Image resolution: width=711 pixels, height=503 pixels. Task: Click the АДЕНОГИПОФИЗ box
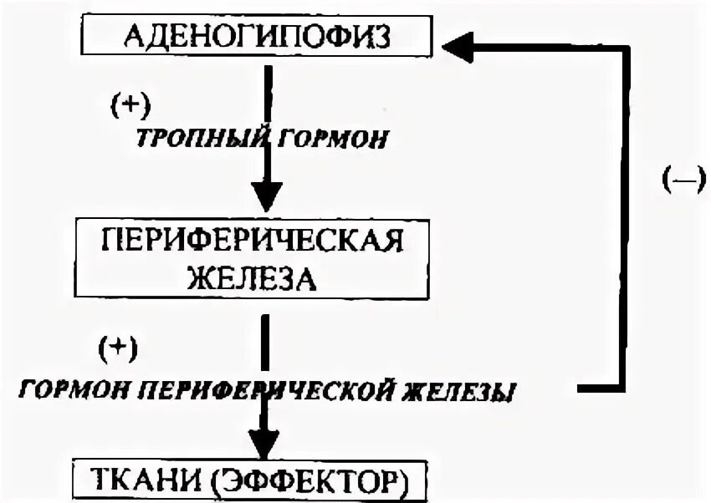[x=257, y=38]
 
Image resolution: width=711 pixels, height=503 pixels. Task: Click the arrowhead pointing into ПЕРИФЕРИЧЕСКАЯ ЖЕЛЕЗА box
[x=266, y=199]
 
